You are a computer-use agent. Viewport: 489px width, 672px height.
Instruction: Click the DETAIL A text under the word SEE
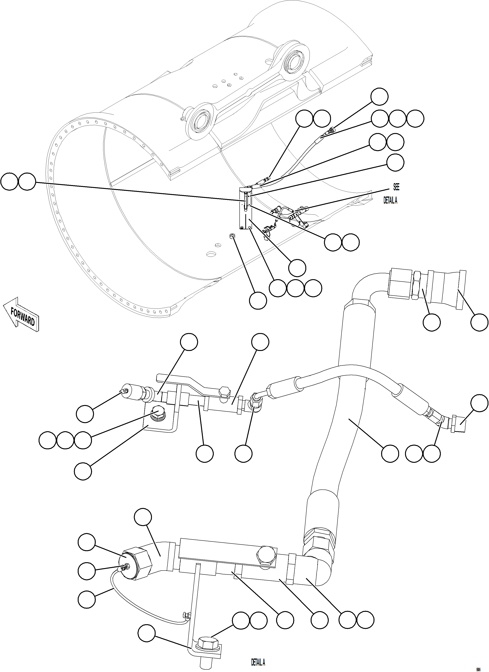pos(390,201)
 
